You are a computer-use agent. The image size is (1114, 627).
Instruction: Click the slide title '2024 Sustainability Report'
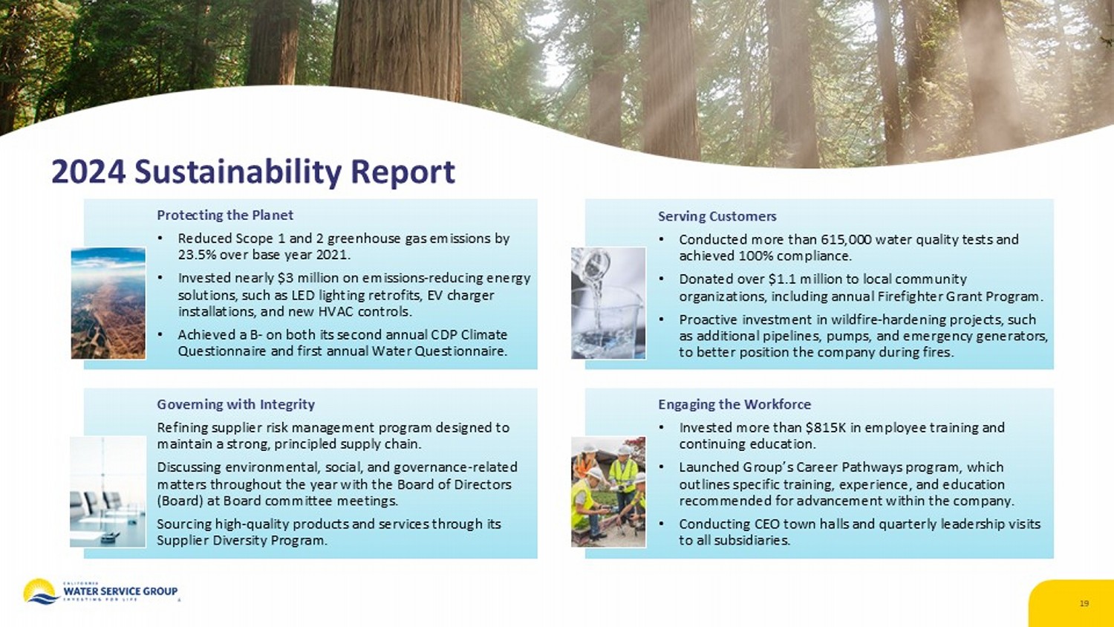point(253,172)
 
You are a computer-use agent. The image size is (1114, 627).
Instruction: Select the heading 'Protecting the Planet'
point(225,215)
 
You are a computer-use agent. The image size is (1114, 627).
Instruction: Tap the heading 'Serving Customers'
point(717,216)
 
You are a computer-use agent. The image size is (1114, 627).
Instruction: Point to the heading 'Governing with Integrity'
point(235,404)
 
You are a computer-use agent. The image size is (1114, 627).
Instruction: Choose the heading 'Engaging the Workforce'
point(734,404)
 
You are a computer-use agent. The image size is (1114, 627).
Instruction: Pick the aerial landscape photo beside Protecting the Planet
point(108,303)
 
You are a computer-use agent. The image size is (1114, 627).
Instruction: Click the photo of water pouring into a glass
point(608,303)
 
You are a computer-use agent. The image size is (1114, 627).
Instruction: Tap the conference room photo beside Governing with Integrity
point(108,492)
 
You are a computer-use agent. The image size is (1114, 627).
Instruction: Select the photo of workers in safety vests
point(608,492)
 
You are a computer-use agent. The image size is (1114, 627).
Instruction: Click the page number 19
point(1084,603)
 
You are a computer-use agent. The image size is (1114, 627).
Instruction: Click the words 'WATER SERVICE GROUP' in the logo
point(120,591)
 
